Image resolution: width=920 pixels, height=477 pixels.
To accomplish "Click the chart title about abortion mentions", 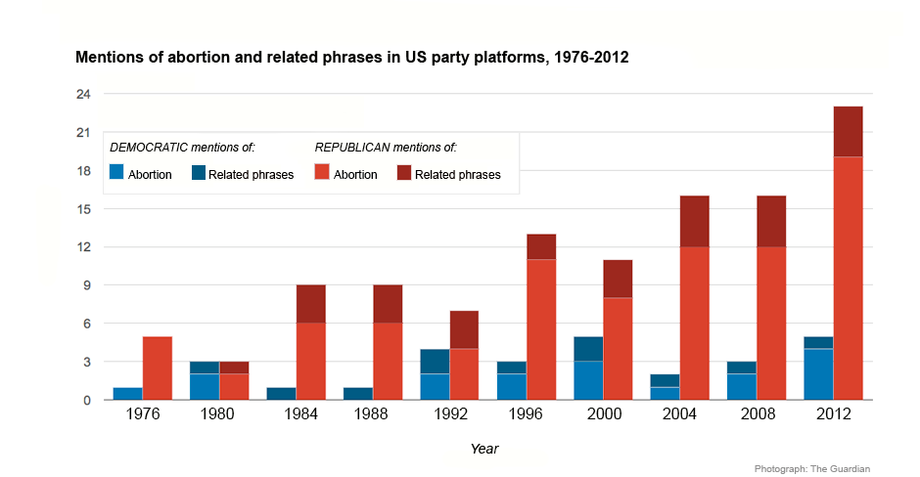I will (351, 58).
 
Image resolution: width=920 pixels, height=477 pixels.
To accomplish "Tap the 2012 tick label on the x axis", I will (833, 414).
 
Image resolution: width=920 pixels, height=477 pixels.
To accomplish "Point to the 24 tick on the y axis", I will (83, 95).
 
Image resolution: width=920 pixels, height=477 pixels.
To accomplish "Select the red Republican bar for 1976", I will (158, 369).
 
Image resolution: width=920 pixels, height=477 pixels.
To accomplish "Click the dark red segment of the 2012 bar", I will (848, 131).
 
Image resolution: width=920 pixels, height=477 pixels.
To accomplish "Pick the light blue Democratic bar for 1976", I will (127, 394).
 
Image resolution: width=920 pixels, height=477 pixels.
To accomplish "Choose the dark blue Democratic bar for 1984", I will (281, 394).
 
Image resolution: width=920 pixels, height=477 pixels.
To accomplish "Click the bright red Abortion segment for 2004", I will (694, 323).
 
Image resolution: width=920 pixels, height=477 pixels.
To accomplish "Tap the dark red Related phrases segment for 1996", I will (541, 246).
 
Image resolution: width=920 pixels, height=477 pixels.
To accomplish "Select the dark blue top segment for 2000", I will (588, 349).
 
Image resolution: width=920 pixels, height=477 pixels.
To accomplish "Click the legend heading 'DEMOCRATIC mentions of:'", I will (182, 148).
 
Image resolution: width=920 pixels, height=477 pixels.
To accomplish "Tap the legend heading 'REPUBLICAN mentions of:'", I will (386, 148).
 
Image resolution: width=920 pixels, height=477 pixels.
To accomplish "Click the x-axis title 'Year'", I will (483, 449).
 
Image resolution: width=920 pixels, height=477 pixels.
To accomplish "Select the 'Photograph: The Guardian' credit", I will (811, 469).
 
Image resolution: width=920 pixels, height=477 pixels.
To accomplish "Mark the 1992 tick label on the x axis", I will (449, 414).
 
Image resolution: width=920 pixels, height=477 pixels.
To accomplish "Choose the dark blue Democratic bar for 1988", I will (358, 394).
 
